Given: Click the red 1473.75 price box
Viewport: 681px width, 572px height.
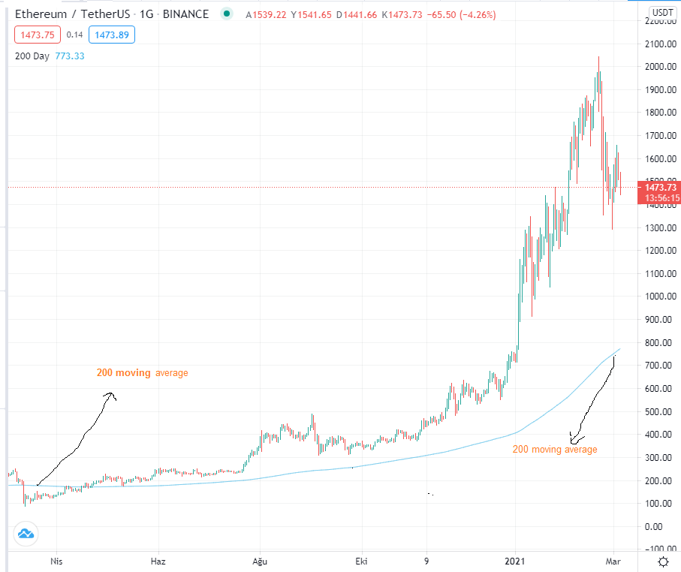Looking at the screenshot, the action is [38, 35].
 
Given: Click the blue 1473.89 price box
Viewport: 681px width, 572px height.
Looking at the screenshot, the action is [112, 35].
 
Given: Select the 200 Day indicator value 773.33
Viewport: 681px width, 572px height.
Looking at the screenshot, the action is [70, 56].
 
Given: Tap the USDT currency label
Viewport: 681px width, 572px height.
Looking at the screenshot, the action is [663, 12].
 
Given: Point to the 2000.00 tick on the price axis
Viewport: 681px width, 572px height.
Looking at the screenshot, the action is [661, 67].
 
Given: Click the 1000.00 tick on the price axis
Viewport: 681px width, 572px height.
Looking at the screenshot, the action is [661, 297].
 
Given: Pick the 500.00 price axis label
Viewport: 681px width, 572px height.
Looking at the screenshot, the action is [661, 411].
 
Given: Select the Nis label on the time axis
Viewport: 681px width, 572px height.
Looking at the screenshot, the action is [56, 561].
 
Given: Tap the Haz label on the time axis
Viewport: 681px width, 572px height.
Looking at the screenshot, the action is [158, 561].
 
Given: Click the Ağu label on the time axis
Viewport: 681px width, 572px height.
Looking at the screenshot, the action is [260, 561].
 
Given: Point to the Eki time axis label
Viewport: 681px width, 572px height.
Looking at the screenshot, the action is [361, 561].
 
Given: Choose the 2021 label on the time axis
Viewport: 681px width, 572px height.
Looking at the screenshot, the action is [514, 561].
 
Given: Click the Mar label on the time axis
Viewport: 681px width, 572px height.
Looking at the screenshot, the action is [613, 561].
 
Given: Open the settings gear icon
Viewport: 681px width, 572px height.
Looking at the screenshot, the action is [663, 562].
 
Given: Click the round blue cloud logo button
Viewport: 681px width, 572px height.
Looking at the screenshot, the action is [26, 534].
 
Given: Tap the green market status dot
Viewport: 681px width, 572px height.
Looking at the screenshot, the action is [226, 14].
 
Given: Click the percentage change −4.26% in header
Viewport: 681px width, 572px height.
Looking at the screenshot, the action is [477, 15].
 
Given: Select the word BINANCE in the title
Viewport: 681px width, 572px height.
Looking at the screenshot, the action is [185, 14].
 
